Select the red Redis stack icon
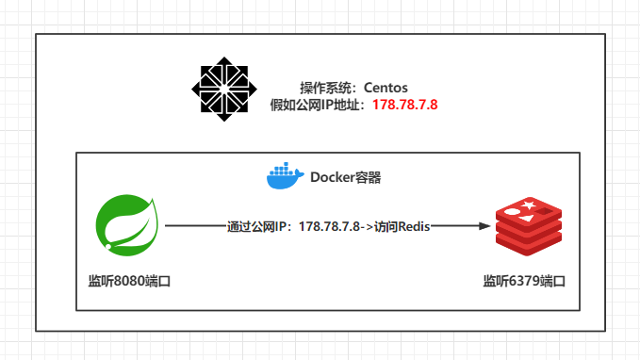pos(528,227)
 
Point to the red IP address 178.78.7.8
pos(405,104)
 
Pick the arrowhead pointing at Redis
pos(484,226)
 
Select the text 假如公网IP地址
pos(320,104)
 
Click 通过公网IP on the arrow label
pos(258,227)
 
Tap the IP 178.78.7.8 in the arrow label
pos(330,227)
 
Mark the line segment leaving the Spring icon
pos(194,226)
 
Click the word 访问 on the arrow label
pos(386,227)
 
